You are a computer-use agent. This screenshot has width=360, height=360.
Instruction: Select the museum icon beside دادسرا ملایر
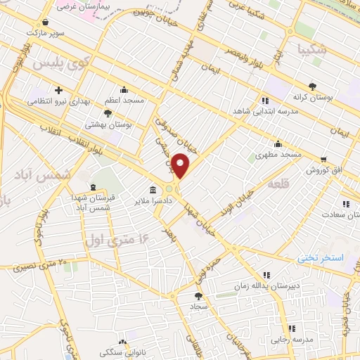pos(153,191)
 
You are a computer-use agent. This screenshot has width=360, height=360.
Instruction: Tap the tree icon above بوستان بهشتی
pos(108,112)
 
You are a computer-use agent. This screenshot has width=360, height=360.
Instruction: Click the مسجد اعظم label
pos(125,101)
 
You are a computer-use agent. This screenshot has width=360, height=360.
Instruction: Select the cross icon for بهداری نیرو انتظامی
pos(58,90)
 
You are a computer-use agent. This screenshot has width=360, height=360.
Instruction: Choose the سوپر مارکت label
pos(45,32)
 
